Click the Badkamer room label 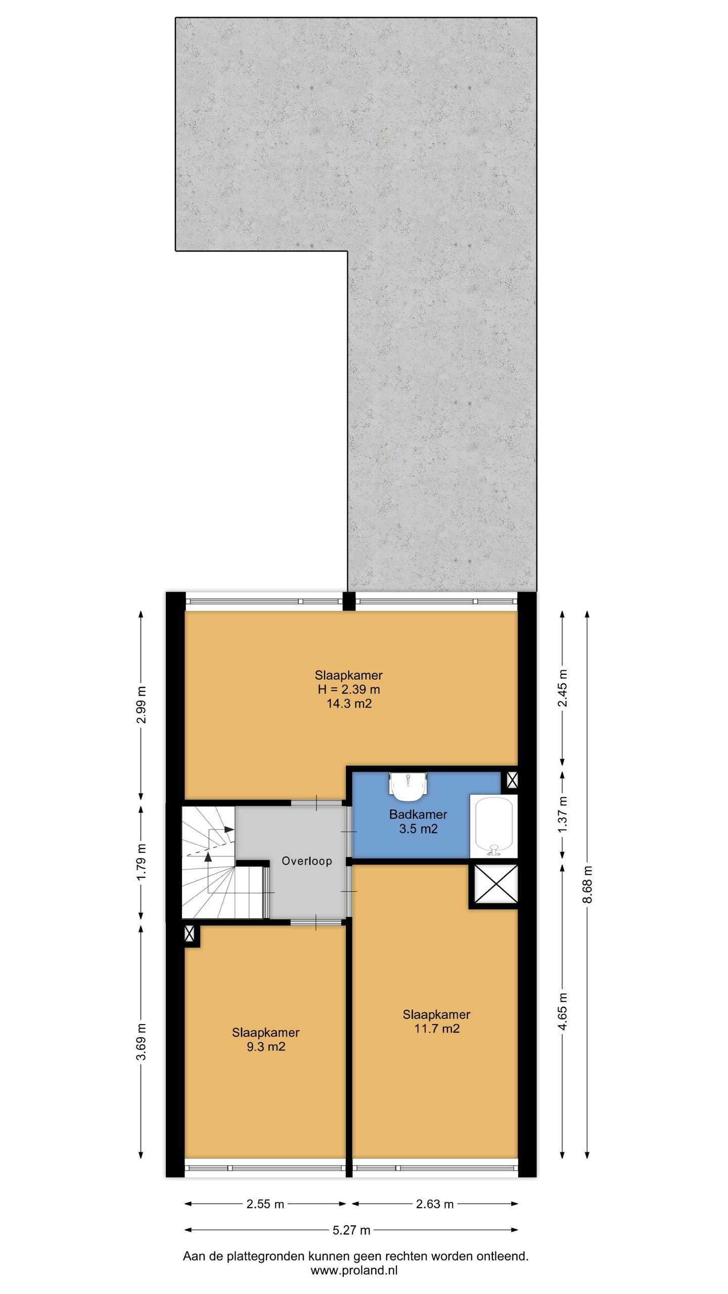[418, 814]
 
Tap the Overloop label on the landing [307, 861]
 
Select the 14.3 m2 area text [349, 703]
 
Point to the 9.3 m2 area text [266, 1046]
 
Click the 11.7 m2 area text [437, 1028]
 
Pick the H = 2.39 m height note [349, 689]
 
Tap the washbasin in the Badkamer [408, 787]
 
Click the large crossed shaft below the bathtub [493, 884]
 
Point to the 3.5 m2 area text [418, 828]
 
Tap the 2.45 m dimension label [563, 688]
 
